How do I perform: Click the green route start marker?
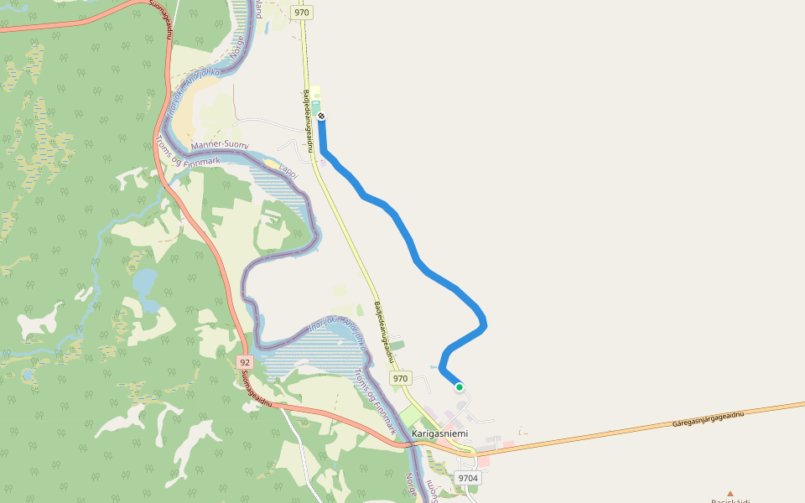460,386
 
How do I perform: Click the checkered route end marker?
321,117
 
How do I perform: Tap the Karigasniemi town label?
440,433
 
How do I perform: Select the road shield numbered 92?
244,362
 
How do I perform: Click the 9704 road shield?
468,478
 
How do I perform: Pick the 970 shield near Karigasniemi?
401,378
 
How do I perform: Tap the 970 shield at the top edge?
302,12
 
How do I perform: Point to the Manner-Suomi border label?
221,146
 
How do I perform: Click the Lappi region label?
288,169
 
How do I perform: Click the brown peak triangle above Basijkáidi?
730,494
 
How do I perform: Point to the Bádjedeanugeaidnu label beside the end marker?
309,121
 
